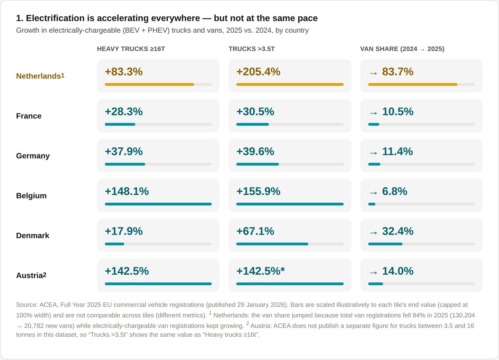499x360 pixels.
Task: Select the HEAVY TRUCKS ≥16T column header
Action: (131, 49)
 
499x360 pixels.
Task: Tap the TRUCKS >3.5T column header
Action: (252, 49)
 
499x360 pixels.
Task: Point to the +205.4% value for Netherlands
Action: (258, 72)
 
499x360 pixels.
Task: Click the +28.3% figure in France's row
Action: (124, 112)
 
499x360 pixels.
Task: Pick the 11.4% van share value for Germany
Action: (398, 151)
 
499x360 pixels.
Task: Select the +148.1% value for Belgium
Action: (127, 191)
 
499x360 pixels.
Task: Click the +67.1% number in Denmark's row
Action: (255, 231)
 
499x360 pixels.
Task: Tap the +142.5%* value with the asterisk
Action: (261, 271)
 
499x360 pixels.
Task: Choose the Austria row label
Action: (31, 275)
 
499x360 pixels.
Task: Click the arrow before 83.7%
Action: (373, 73)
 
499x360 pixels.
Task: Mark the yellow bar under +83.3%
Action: (149, 84)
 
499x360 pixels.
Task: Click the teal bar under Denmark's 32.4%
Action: (385, 244)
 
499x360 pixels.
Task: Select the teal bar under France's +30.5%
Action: (252, 124)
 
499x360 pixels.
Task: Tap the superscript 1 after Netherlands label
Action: (63, 76)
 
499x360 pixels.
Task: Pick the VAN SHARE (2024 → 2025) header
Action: (402, 49)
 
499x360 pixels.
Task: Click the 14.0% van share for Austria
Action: (398, 271)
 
